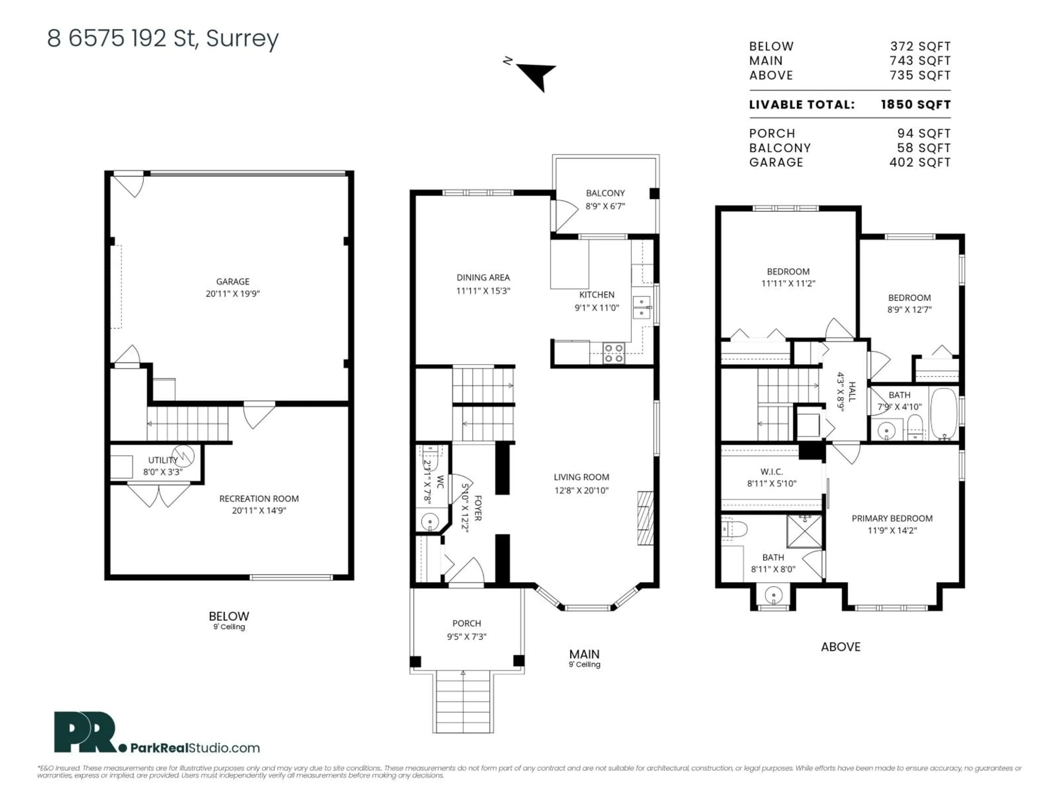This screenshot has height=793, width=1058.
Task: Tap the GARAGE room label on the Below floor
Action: click(x=233, y=281)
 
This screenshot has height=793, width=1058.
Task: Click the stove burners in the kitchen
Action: click(x=614, y=353)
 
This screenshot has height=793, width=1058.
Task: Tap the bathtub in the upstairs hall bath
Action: click(x=943, y=414)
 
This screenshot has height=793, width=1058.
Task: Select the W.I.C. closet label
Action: click(x=771, y=471)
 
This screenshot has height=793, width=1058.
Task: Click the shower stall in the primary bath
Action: click(x=805, y=531)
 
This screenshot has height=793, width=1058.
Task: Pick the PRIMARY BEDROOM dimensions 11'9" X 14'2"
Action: click(x=892, y=530)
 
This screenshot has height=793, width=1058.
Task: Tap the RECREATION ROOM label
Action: click(x=259, y=499)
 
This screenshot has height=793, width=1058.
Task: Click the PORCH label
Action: click(x=466, y=623)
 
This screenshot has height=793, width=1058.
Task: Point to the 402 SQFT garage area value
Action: click(x=919, y=162)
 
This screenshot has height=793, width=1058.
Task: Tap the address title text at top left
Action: click(x=163, y=38)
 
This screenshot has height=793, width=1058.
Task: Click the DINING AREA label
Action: click(x=483, y=277)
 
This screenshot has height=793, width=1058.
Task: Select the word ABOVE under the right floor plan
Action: click(x=840, y=647)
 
